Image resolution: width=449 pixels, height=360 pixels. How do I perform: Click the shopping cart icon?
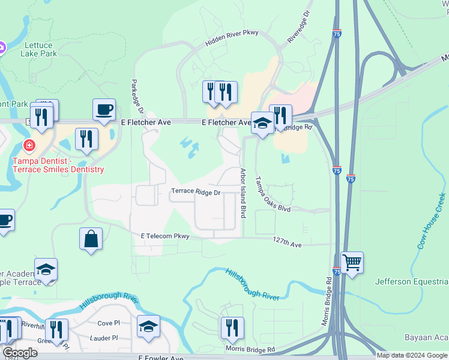tap(352, 262)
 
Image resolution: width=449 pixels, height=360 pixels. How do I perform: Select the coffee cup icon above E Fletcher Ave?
tap(104, 109)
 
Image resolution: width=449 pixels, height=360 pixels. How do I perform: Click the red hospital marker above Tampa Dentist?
tap(28, 146)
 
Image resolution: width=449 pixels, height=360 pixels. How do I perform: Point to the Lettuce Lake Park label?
tap(49, 49)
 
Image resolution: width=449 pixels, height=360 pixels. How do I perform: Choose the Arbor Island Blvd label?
tap(243, 193)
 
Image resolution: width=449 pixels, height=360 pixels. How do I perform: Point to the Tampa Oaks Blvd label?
tap(272, 194)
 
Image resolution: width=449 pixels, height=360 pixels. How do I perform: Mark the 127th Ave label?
tap(286, 242)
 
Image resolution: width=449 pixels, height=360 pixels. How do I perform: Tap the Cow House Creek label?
tap(432, 221)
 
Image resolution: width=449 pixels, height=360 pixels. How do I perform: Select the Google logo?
tap(20, 353)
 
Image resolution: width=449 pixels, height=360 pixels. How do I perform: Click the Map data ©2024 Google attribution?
tap(412, 355)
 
